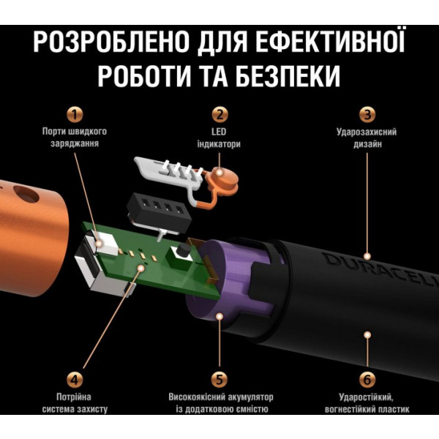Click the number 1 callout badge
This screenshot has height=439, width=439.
click(x=73, y=114)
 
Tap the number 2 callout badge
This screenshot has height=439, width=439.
click(x=219, y=114)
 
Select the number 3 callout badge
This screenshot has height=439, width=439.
click(x=368, y=114)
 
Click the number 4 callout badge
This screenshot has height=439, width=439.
click(x=73, y=379)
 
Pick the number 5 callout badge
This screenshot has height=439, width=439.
click(x=219, y=379)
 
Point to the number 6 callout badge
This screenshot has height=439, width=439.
click(x=368, y=379)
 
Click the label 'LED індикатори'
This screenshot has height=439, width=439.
click(x=219, y=138)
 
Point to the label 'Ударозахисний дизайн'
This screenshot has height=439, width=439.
click(x=368, y=138)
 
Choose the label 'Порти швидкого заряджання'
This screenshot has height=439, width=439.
click(x=73, y=138)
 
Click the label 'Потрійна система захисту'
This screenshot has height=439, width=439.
click(x=73, y=403)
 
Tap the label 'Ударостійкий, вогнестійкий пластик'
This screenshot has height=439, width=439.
click(x=368, y=403)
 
